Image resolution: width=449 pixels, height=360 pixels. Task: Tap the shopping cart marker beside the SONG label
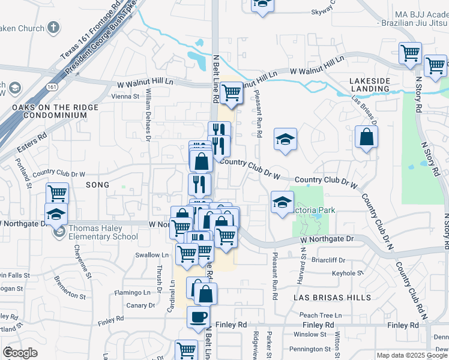click(x=57, y=193)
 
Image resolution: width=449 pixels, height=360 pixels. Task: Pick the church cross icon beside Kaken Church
click(x=54, y=28)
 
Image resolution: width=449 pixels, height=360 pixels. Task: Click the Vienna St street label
click(x=125, y=95)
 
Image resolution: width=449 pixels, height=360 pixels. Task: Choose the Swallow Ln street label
click(x=148, y=255)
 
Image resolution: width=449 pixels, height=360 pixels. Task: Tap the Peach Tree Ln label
click(x=320, y=315)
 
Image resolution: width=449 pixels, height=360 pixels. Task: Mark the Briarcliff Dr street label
click(x=328, y=260)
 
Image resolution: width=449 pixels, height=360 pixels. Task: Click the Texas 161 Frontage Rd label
click(x=91, y=31)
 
